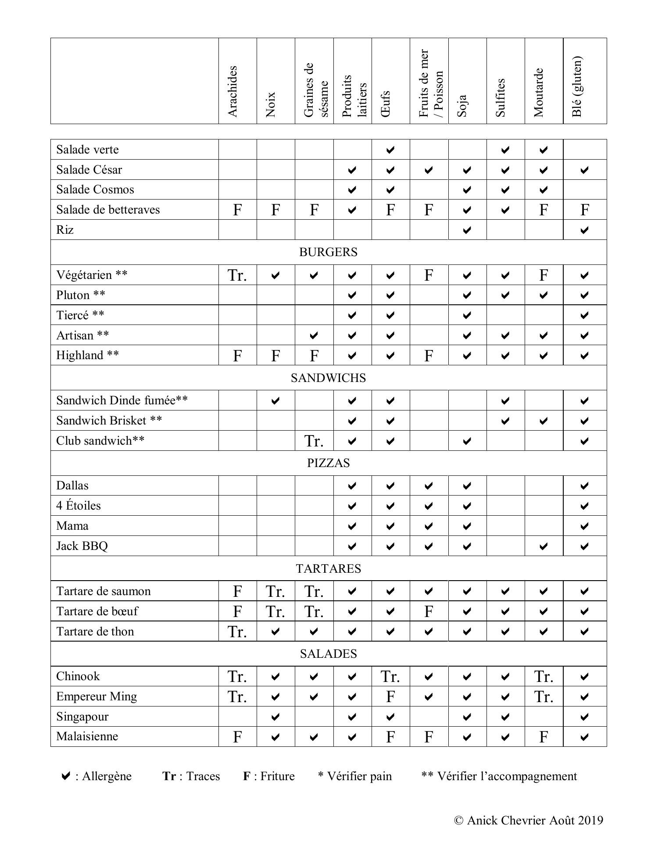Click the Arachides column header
point(233,91)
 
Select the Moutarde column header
point(539,93)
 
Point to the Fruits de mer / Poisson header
point(431,83)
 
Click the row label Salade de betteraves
point(108,210)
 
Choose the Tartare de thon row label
point(95,631)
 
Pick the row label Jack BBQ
point(82,546)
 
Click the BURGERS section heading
point(328,252)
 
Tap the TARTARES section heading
point(328,569)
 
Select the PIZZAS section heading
point(328,463)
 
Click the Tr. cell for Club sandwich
point(314,441)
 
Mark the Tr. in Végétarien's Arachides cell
point(237,275)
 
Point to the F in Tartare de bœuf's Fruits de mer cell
point(429,611)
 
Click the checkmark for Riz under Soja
point(467,230)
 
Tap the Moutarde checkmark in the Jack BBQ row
point(543,546)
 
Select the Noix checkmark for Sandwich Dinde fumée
point(275,401)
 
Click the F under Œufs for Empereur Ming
point(390,697)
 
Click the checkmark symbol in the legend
point(65,776)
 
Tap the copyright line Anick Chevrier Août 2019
point(529,821)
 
